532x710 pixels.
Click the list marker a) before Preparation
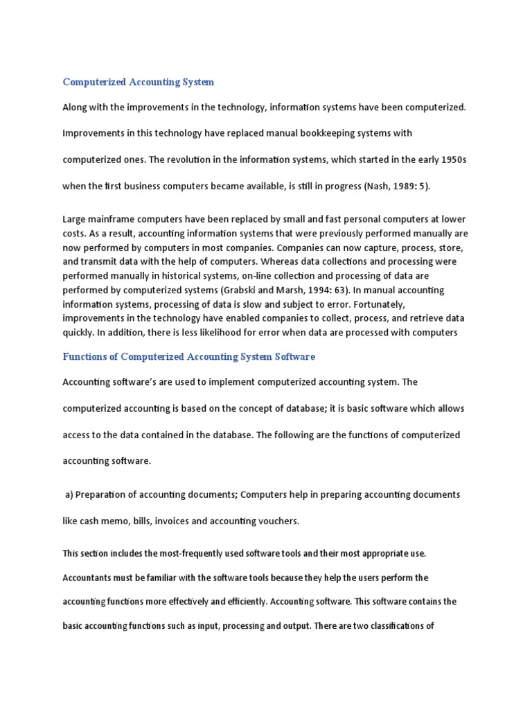pos(69,494)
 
